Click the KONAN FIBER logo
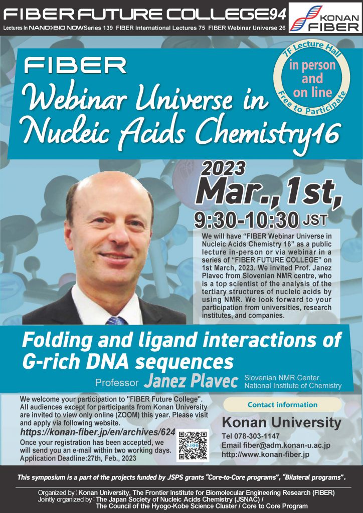(325, 18)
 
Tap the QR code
(193, 445)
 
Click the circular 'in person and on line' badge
(311, 78)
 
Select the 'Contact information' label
(282, 405)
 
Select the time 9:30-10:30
(247, 220)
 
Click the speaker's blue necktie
(116, 320)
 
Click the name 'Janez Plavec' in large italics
(191, 381)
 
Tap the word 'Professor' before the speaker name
(117, 382)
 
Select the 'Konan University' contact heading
(281, 423)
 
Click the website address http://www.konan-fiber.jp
(265, 454)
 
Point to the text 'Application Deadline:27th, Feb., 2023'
(78, 458)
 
